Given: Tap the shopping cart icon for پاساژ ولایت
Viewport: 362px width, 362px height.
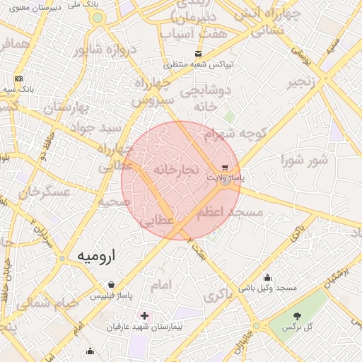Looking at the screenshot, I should point(225,168).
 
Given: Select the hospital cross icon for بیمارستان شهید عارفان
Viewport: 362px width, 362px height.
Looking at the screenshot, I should point(145,315).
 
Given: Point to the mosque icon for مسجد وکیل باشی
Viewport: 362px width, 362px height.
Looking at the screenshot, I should point(268,277).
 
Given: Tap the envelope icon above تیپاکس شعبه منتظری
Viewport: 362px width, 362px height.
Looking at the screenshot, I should point(198,54).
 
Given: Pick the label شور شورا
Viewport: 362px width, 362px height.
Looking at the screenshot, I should point(305,159).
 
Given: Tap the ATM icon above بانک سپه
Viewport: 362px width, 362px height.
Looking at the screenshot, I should point(18,78).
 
